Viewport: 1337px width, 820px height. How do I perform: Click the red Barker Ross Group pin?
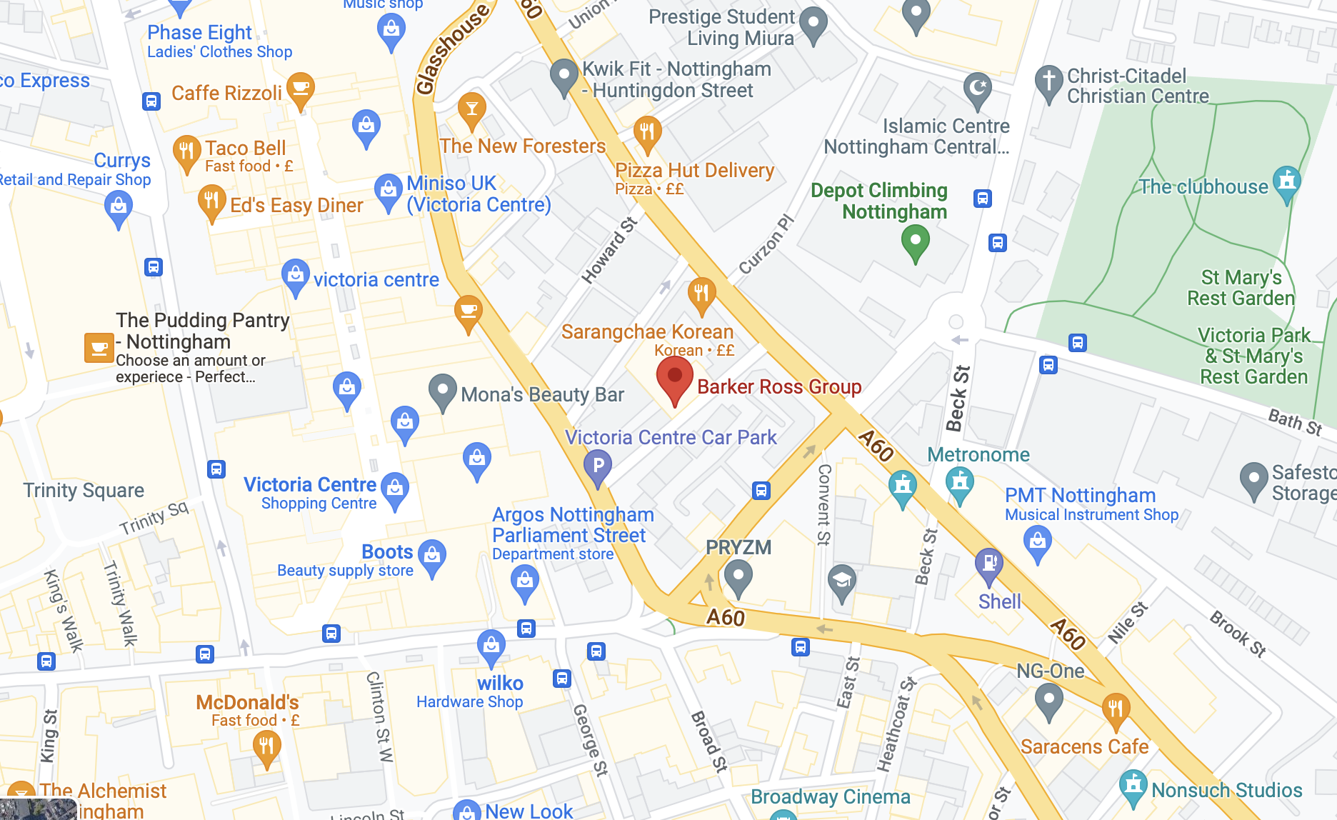click(x=674, y=378)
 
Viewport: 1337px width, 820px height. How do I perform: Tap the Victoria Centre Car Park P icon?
click(x=598, y=466)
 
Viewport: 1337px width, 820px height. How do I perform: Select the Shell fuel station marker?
click(x=989, y=564)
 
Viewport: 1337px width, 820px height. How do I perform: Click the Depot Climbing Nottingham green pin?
click(x=915, y=241)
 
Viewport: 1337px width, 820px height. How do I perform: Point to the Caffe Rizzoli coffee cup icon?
click(x=301, y=89)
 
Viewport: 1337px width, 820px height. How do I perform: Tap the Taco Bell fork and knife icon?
click(x=186, y=151)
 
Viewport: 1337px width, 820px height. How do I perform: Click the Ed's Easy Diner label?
click(x=296, y=206)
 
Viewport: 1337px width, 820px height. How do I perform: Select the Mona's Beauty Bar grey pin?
click(x=442, y=390)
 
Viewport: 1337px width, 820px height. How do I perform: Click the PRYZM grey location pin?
click(x=738, y=575)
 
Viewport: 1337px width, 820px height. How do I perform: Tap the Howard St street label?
click(x=609, y=250)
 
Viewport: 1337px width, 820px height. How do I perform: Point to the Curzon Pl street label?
click(x=766, y=244)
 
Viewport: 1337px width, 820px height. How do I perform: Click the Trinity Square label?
click(x=84, y=490)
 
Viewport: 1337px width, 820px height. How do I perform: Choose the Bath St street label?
click(x=1294, y=421)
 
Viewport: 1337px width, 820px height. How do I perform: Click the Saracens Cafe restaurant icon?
click(x=1115, y=709)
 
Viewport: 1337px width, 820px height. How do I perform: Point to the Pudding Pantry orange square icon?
click(x=99, y=348)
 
